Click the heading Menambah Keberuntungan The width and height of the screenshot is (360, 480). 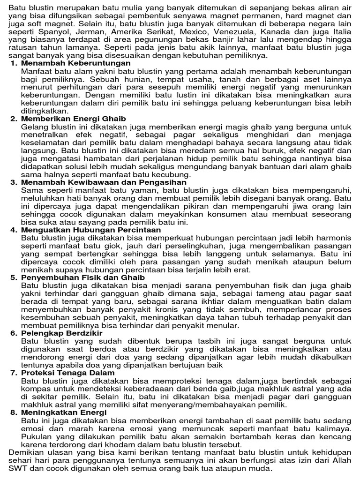coord(75,63)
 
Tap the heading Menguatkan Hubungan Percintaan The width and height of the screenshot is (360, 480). coord(91,230)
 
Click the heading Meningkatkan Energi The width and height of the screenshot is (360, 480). coord(64,412)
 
